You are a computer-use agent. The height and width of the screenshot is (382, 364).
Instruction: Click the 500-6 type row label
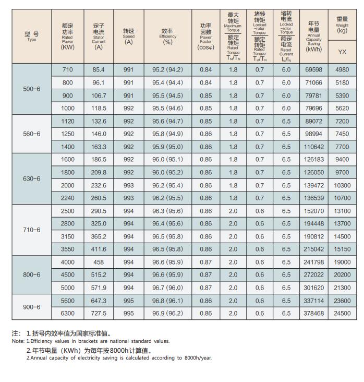31,89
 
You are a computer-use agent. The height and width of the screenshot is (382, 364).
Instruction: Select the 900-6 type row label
31,307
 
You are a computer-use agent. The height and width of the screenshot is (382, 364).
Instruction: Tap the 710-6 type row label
31,230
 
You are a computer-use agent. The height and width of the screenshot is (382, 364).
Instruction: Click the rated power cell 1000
68,109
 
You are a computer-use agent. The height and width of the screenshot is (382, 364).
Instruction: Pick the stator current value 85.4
99,70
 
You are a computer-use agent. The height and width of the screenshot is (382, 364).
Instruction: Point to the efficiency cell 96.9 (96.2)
167,314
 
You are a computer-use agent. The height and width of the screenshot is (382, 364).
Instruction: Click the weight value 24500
342,314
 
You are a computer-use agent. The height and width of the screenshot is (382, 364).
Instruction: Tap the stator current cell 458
99,262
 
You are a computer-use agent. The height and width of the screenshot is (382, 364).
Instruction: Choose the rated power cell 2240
68,198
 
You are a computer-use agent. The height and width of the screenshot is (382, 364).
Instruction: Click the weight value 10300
342,186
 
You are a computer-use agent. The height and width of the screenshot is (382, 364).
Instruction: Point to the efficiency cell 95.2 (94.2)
167,70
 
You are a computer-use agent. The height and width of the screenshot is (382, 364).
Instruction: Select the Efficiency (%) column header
167,37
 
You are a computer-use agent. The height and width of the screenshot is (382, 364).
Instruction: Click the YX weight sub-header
342,52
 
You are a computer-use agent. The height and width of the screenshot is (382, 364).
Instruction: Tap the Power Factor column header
205,36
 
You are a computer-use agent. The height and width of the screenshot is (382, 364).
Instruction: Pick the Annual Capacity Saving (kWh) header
314,36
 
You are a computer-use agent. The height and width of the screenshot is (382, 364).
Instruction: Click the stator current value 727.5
99,314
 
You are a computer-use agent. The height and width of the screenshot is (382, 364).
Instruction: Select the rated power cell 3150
68,237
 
